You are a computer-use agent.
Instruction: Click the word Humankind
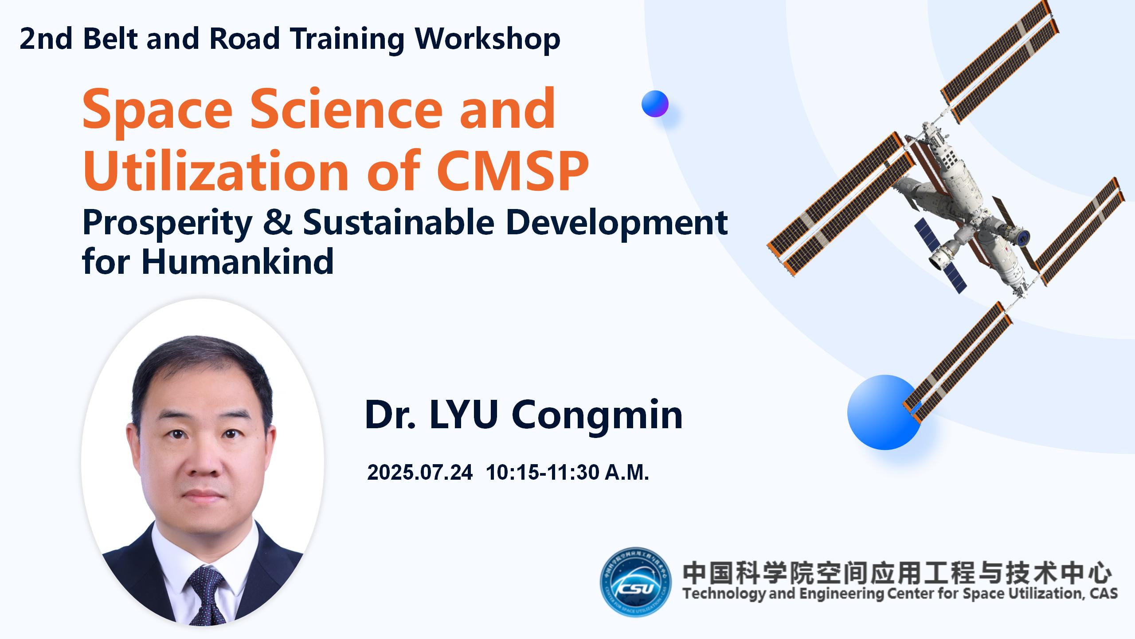[x=237, y=262]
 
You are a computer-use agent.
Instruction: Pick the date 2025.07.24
[x=420, y=472]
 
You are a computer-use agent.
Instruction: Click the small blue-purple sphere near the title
[x=655, y=104]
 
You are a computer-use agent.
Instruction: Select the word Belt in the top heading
[x=113, y=39]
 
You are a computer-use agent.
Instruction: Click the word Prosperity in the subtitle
[x=167, y=223]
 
